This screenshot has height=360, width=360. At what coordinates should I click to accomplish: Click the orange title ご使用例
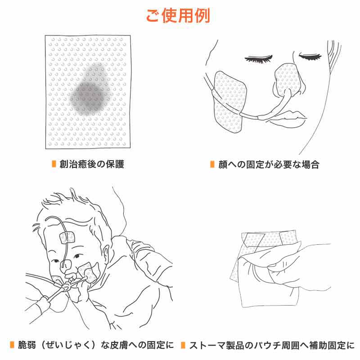tap(178, 16)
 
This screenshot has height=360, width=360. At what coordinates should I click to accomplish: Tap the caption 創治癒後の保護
tap(92, 164)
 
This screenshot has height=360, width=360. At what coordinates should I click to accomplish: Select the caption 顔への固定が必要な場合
tap(269, 164)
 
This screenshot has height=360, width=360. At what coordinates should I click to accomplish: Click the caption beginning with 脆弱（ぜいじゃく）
tap(96, 345)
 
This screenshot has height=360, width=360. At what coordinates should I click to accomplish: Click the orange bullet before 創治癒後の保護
tap(54, 164)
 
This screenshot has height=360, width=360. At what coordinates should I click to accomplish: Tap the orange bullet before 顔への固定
tap(212, 164)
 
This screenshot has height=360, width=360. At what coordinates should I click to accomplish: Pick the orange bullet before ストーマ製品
tap(183, 345)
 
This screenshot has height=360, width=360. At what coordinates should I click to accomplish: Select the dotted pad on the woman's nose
tap(288, 80)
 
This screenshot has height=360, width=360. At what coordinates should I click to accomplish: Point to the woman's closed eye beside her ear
tap(310, 57)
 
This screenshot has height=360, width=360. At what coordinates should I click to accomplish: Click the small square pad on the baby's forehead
tap(67, 238)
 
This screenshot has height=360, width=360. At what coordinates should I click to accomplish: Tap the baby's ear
tap(106, 254)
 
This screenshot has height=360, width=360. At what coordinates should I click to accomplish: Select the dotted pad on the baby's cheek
tap(89, 273)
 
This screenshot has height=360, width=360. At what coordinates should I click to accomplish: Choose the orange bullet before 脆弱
tap(12, 345)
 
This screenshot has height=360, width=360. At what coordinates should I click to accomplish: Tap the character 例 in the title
tap(202, 16)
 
